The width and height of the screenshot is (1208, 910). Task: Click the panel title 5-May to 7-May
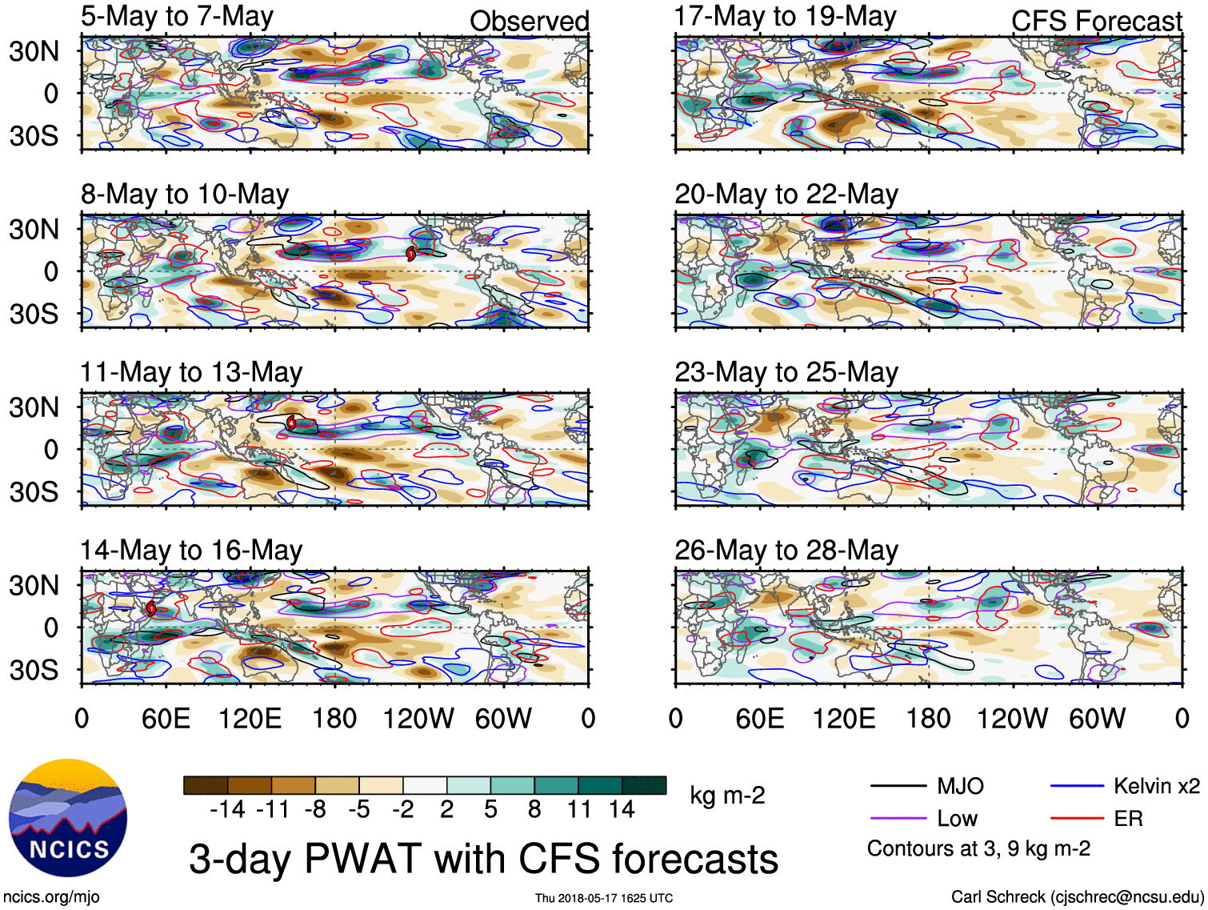(177, 17)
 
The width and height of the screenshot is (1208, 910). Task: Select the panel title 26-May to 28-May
(786, 551)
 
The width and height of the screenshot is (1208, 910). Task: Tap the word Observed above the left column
(529, 21)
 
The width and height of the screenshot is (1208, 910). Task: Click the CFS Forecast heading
(1096, 21)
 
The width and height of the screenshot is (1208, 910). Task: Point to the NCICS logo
(68, 817)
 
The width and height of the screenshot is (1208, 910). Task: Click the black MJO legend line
(898, 786)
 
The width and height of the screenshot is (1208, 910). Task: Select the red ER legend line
(1077, 818)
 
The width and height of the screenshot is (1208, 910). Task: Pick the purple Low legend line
(898, 818)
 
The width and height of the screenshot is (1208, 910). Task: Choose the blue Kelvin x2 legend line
(1077, 786)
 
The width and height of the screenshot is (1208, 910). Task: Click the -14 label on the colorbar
(227, 810)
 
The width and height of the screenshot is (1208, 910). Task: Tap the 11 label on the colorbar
(579, 810)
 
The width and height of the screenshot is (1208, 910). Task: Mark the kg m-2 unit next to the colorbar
(727, 796)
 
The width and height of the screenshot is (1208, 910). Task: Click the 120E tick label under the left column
(250, 718)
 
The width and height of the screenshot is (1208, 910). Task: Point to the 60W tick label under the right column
(1097, 718)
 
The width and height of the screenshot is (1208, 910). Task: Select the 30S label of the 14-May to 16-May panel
(34, 669)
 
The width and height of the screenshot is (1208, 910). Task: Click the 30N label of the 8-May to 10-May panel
(34, 230)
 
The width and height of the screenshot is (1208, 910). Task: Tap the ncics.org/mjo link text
(51, 897)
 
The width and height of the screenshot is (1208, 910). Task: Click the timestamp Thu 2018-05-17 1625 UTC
(604, 898)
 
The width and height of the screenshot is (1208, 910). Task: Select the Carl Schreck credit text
(1077, 896)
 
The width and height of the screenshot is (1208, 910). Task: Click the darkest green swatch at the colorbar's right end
(644, 785)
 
